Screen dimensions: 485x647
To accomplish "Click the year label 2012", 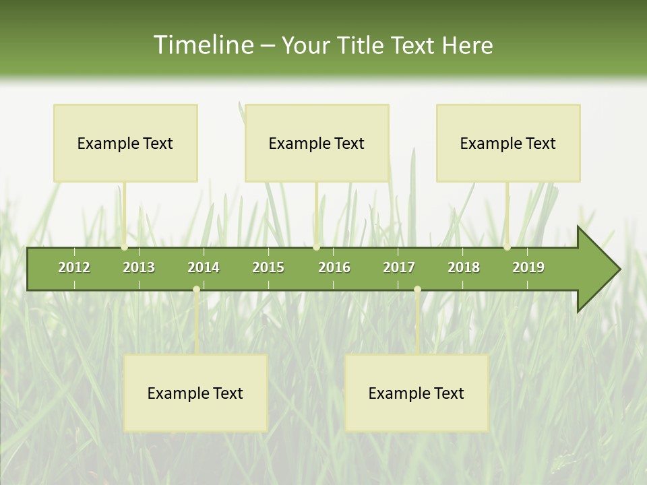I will (x=74, y=267).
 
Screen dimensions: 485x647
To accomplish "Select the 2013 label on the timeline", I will (x=139, y=267).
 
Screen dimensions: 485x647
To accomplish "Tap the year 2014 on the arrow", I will (x=204, y=267).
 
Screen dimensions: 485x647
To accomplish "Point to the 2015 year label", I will (x=268, y=267).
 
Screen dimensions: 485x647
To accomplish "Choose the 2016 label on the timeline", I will (x=334, y=267).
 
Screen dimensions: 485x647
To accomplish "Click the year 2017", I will (x=399, y=267).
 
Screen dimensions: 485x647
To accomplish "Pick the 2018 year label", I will (x=464, y=267).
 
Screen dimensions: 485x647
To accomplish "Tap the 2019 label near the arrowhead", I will (x=528, y=267).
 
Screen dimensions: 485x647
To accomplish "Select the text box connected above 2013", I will (x=125, y=143).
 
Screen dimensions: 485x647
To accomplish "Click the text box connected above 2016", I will (x=317, y=143).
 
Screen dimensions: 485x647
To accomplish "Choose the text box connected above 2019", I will (x=508, y=143).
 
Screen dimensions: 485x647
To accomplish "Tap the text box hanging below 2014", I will (x=195, y=393).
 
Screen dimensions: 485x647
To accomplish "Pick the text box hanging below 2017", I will (x=417, y=393).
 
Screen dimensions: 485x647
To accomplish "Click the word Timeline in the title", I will (x=202, y=45).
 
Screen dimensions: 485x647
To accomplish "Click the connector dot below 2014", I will (x=196, y=290).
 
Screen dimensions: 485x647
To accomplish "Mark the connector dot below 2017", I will (x=417, y=290).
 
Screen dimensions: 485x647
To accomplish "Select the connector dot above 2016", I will (x=316, y=247).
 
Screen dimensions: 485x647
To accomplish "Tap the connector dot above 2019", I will (x=507, y=247).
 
